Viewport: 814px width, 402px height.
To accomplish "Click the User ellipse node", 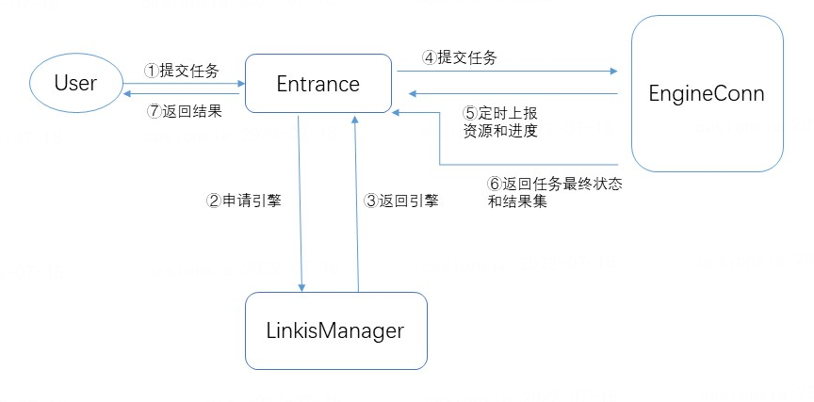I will tap(75, 83).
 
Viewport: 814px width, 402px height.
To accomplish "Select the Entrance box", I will tap(317, 84).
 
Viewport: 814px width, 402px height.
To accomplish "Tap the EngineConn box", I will tap(707, 94).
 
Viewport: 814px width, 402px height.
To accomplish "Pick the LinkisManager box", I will tap(335, 330).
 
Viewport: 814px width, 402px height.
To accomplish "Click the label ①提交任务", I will tap(181, 71).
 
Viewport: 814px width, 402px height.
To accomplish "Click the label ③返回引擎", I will tap(401, 201).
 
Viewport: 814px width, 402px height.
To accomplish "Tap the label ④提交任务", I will tap(460, 57).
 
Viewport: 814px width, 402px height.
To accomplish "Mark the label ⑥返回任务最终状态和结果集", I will tap(554, 192).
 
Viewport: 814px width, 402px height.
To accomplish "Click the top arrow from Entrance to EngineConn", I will tap(509, 71).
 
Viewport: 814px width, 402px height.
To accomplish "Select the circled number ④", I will tap(430, 57).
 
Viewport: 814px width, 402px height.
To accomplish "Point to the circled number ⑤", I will tap(469, 112).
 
